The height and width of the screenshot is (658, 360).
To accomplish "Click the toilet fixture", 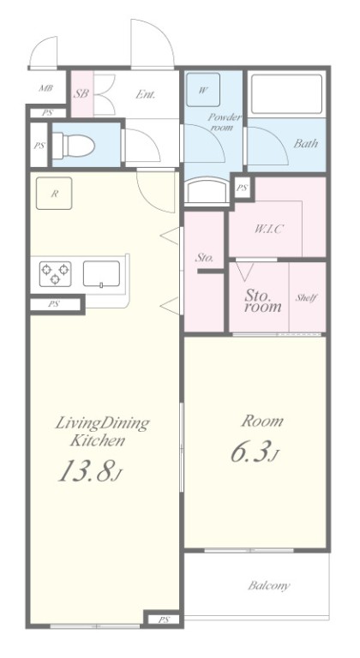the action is pos(74,145).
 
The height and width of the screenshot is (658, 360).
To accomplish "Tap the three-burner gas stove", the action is pos(55,273).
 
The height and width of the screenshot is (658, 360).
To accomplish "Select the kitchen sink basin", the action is pos(101,273).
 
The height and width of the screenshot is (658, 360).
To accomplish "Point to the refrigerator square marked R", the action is pos(54,194).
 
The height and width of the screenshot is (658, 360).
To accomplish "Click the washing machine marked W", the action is pos(203,89).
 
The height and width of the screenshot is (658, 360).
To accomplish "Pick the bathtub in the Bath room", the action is pos(286,94).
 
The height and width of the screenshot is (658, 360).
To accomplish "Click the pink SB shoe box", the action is pos(81,93).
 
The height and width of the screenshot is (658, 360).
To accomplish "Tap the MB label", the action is pos(45,88).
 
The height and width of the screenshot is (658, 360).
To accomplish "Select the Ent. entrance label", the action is pos(146,94).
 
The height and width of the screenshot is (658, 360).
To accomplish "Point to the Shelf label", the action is pos(306,298).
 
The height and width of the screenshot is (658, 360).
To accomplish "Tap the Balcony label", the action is pos(269,585).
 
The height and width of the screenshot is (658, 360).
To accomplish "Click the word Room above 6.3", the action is pos(261,421).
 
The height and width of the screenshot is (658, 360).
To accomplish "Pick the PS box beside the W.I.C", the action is pos(243,188).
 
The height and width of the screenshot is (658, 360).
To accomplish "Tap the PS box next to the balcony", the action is pos(164,619).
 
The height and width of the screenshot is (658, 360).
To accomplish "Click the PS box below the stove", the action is pos(54,304).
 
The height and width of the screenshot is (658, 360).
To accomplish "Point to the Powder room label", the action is pos(224,122).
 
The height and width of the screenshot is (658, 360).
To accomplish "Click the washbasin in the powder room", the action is pos(207,191).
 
